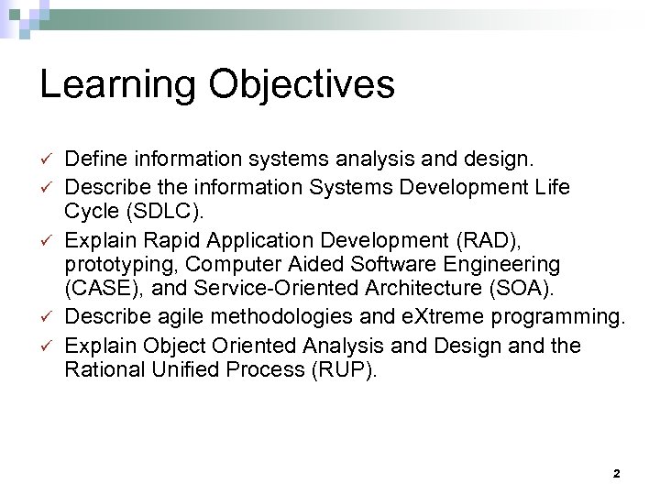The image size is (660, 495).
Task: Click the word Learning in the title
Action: point(117,85)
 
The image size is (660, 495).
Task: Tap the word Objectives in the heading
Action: point(302,85)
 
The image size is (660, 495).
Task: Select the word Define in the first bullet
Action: point(93,160)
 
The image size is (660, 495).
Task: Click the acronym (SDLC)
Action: point(155,214)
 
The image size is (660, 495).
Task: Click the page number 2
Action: point(616,474)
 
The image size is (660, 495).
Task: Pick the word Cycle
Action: point(89,214)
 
